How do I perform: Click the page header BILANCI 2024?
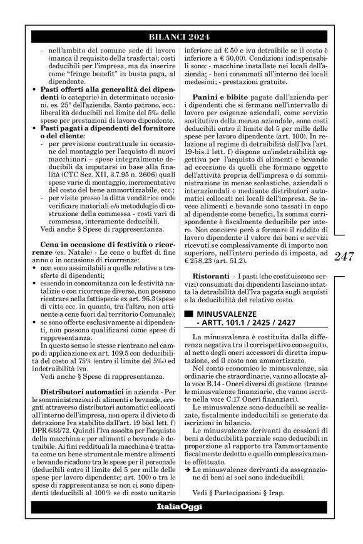181,36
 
